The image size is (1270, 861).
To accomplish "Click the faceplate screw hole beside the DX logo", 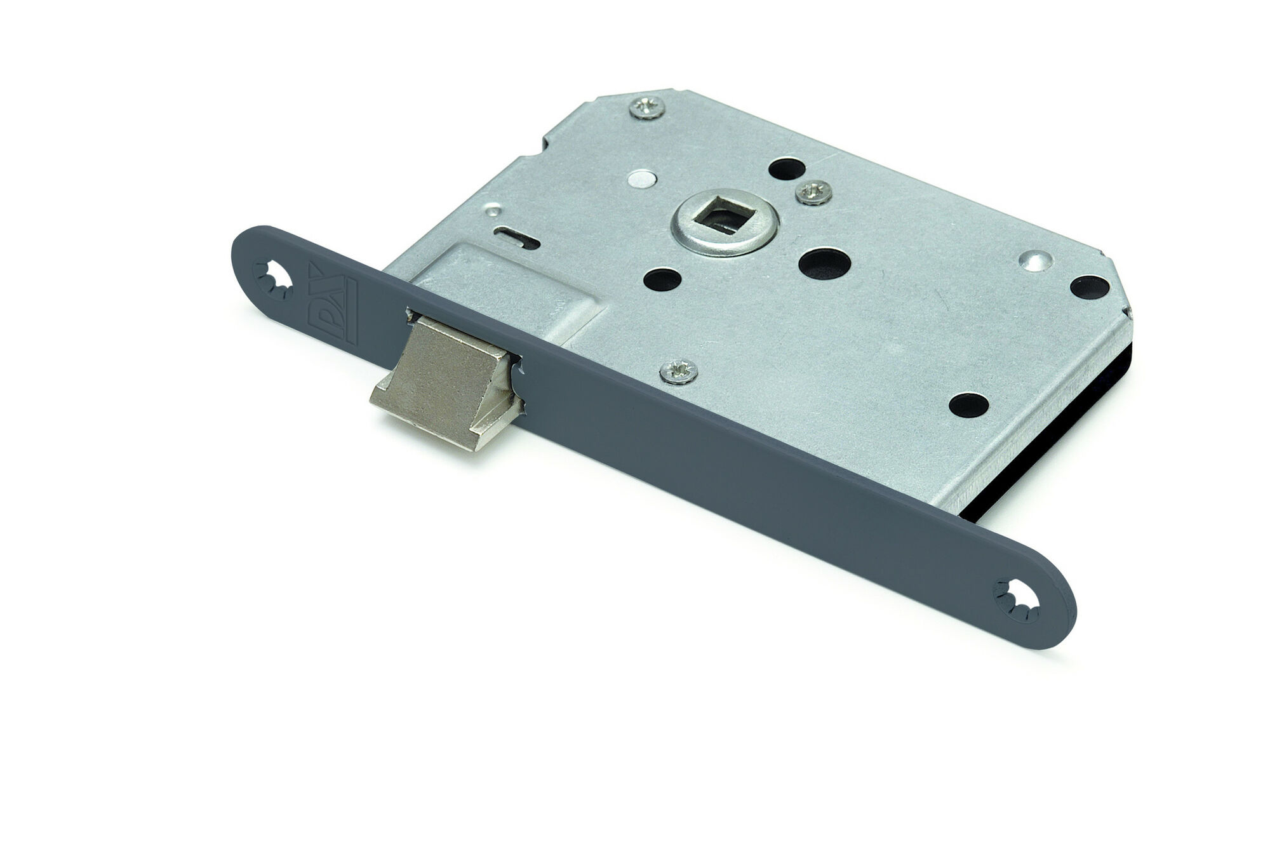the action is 277,279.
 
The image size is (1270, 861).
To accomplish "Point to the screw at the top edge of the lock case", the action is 648,107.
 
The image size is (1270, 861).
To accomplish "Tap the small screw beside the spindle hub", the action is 813,191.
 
